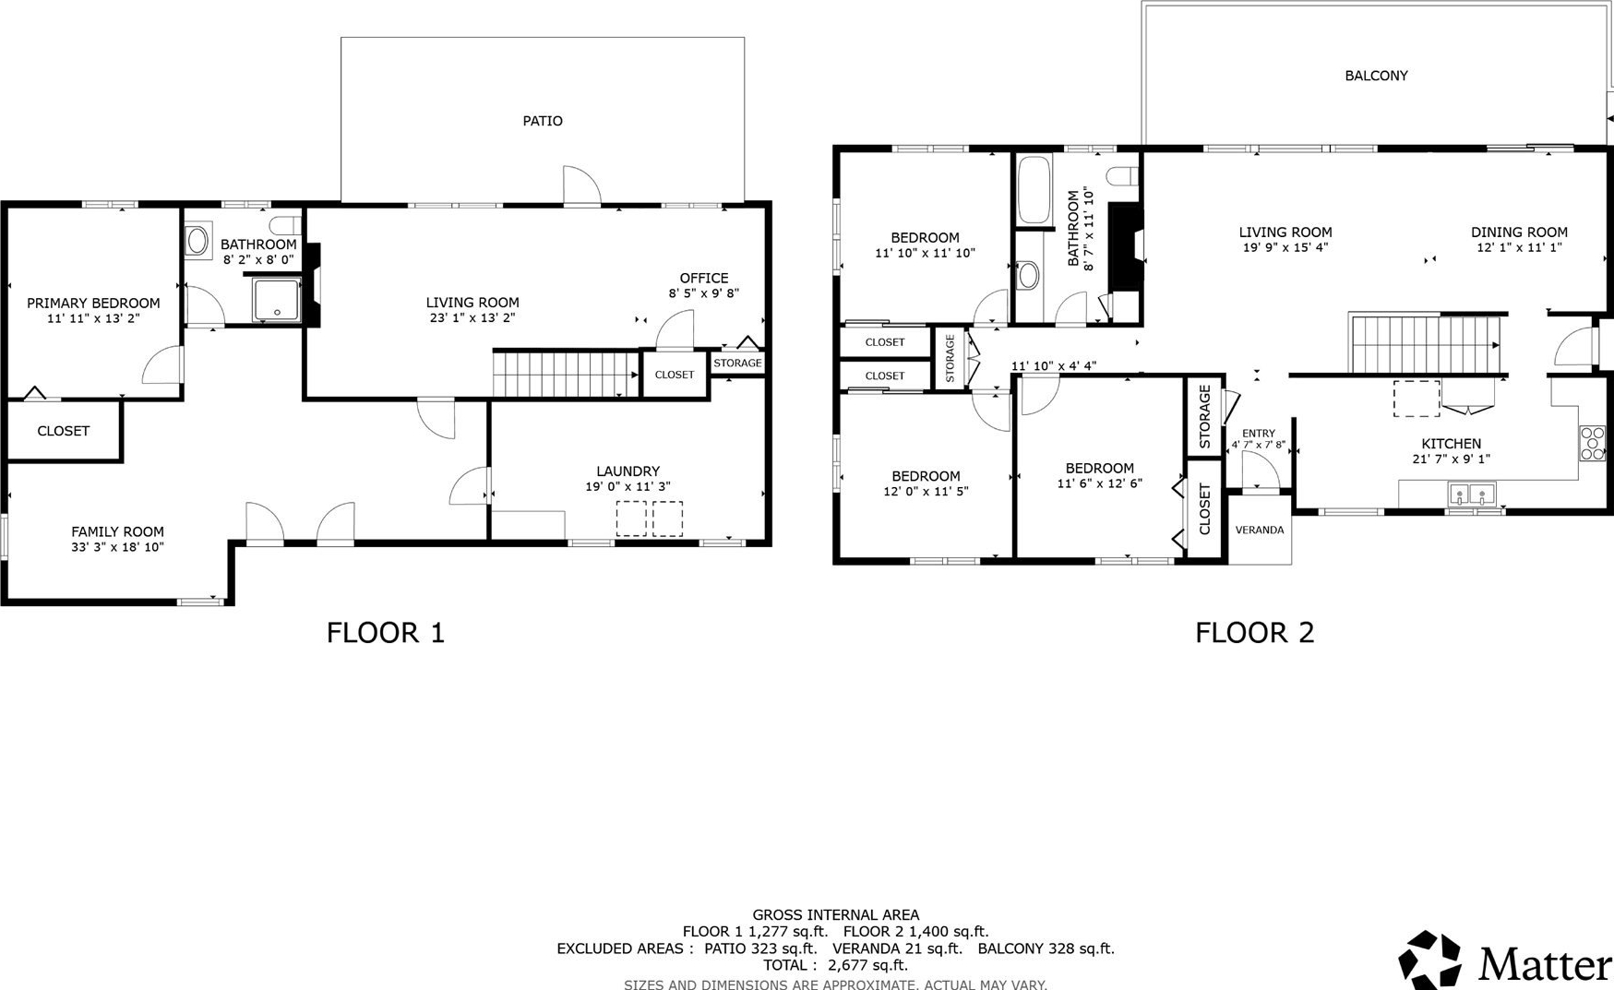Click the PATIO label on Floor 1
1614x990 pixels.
[x=543, y=121]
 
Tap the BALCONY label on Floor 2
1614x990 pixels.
[x=1376, y=76]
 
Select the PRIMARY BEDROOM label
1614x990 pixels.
[x=93, y=303]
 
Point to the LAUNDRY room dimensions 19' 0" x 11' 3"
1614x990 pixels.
[x=628, y=486]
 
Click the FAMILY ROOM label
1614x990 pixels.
[x=117, y=531]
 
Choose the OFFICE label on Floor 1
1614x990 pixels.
[x=704, y=278]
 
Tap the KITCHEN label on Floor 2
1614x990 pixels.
[x=1451, y=444]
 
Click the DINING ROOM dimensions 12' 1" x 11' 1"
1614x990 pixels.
[x=1519, y=247]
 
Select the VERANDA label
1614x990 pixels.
[x=1260, y=530]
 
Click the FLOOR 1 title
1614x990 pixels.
[x=386, y=633]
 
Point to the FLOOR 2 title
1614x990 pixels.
[x=1254, y=633]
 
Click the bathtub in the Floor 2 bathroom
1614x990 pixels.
[x=1034, y=190]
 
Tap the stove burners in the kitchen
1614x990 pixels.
[x=1592, y=443]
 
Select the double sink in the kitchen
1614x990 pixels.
[x=1471, y=495]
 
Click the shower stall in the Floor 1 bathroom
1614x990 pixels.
[x=277, y=300]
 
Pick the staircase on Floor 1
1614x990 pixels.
[x=566, y=374]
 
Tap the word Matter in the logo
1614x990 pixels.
[x=1546, y=964]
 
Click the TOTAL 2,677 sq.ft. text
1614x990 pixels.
[x=835, y=965]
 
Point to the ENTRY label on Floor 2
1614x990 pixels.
[x=1258, y=434]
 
